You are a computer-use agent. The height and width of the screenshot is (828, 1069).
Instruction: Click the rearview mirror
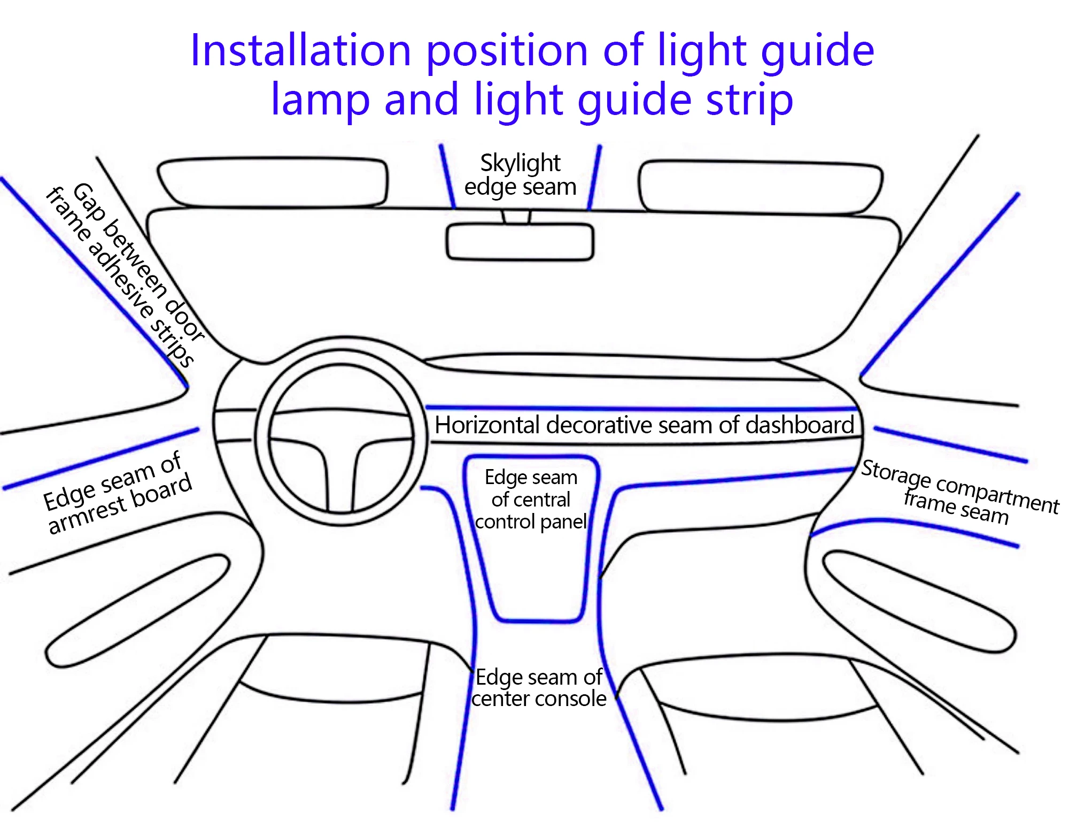tap(520, 242)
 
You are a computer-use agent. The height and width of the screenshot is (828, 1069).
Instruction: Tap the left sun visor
tap(273, 182)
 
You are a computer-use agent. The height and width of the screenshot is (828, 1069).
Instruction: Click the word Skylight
tap(520, 163)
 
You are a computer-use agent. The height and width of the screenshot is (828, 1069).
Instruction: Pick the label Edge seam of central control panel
tap(531, 500)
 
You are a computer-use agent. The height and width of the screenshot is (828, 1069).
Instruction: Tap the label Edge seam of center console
tap(539, 688)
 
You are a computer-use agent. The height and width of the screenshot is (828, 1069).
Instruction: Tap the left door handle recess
tap(139, 610)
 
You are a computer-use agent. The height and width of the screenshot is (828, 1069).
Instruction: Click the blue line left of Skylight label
tap(447, 177)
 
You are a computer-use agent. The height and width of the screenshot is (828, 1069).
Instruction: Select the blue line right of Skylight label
tap(594, 177)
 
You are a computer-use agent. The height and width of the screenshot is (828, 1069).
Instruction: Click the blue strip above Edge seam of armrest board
tap(102, 458)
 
